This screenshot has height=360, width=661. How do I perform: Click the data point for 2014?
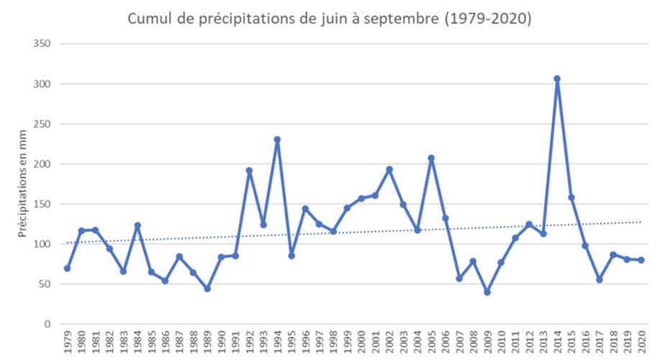coord(557,78)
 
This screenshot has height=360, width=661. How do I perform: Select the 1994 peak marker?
coord(277,139)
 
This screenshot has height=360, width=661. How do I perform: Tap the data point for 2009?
coord(487,292)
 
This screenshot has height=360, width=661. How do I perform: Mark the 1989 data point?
coord(207,289)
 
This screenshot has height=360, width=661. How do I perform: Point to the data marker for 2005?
coord(431,158)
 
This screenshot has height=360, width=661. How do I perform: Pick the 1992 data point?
coord(249,171)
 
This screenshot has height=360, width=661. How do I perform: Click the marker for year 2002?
coord(389,170)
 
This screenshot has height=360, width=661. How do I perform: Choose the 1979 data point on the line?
coord(67,268)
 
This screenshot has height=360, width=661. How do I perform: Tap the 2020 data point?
coord(641,260)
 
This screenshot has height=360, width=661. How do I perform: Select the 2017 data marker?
coord(599,280)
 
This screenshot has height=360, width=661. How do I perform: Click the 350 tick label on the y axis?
coord(42,44)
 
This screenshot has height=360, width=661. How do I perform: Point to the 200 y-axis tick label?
coord(42,164)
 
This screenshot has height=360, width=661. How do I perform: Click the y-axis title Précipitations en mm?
coord(21,184)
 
